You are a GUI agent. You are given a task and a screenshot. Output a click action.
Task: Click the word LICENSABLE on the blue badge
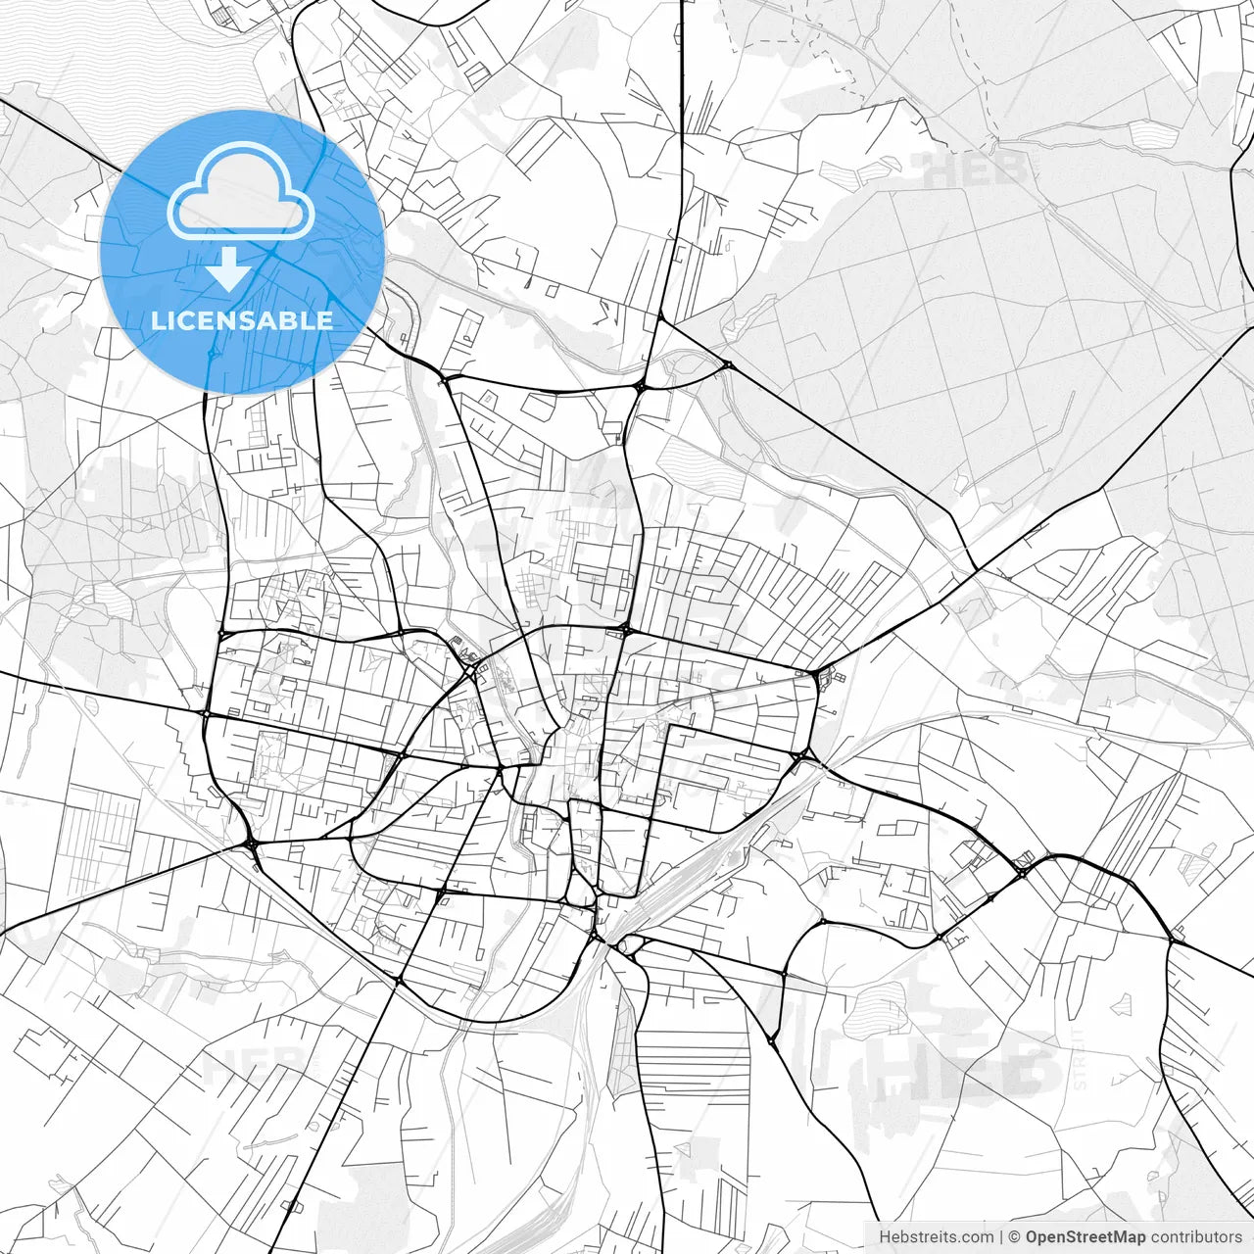point(242,320)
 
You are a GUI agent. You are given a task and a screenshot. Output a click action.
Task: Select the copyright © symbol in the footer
point(1016,1237)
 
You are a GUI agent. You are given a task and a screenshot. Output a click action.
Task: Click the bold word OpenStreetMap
point(1085,1237)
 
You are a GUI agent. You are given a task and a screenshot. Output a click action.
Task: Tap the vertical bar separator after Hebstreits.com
point(1001,1237)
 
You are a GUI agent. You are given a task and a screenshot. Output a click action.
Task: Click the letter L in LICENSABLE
point(157,320)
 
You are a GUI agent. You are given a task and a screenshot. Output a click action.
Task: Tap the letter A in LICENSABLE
point(275,320)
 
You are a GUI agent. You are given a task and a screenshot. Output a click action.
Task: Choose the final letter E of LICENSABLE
point(326,320)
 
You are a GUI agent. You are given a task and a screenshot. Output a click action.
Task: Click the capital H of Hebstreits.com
point(885,1237)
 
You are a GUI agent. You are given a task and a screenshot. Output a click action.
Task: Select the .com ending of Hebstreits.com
point(978,1237)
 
